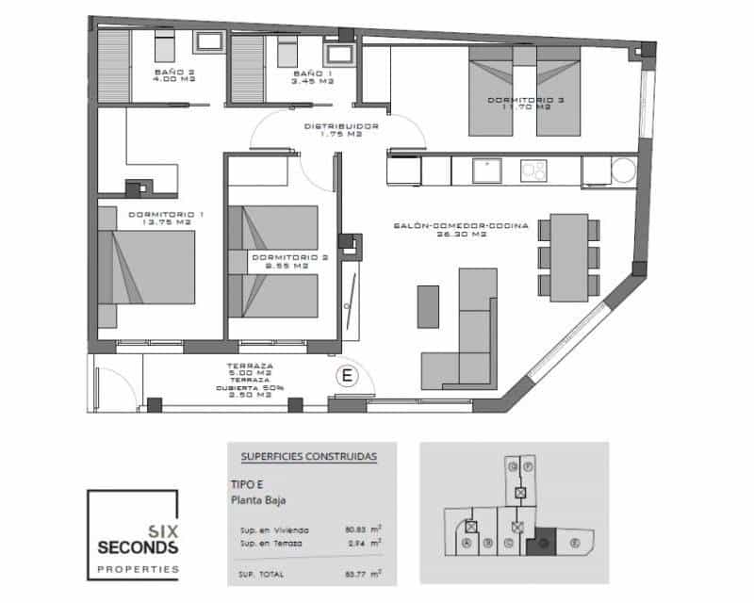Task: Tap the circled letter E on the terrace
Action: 348,375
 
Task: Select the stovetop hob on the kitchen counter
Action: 533,171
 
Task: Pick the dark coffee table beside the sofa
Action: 428,306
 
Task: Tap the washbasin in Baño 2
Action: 207,41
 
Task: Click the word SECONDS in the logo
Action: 137,547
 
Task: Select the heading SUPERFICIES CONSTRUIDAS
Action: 309,457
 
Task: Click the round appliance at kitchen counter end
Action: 623,171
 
